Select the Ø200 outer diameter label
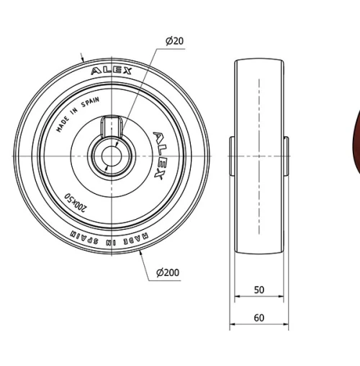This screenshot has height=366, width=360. [168, 272]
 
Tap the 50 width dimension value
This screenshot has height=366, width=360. [259, 290]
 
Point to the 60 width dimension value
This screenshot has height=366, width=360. [259, 318]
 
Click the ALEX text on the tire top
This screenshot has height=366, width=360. [112, 71]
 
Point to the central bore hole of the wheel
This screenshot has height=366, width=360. [112, 156]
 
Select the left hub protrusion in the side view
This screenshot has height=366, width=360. [232, 156]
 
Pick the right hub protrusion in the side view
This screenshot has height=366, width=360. [286, 156]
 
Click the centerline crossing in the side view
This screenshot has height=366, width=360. [259, 156]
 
